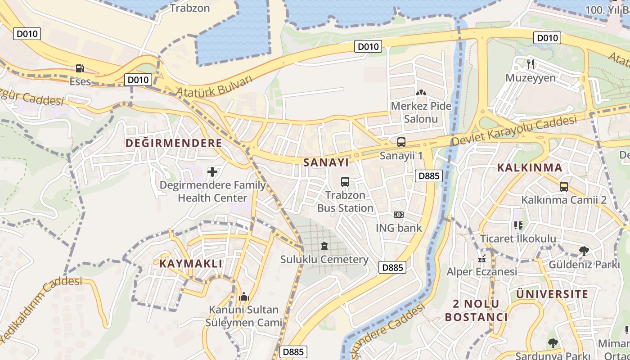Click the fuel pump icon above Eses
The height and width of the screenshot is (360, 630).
80,68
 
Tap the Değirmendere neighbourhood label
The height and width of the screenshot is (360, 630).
174,143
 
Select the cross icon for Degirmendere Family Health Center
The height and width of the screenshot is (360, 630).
212,171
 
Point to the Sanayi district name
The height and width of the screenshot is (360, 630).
326,162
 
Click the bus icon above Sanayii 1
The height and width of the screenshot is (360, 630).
401,142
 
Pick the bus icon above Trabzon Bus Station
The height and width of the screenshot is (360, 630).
345,181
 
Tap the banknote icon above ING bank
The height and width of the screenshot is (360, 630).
399,215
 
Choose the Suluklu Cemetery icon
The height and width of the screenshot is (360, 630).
324,246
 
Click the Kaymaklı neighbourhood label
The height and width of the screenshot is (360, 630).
191,264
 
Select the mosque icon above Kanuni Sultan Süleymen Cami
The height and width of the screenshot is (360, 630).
244,297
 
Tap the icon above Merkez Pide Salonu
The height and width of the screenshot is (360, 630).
421,93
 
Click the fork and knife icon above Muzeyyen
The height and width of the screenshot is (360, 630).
531,64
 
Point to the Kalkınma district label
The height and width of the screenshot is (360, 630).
530,168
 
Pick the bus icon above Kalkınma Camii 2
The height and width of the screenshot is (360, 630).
564,186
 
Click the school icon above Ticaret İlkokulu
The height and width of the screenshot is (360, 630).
518,225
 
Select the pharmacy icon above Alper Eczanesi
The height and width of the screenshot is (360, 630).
482,259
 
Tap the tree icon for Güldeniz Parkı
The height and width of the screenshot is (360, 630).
584,251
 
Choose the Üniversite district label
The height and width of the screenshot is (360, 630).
552,294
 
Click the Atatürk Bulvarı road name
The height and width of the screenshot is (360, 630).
214,86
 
